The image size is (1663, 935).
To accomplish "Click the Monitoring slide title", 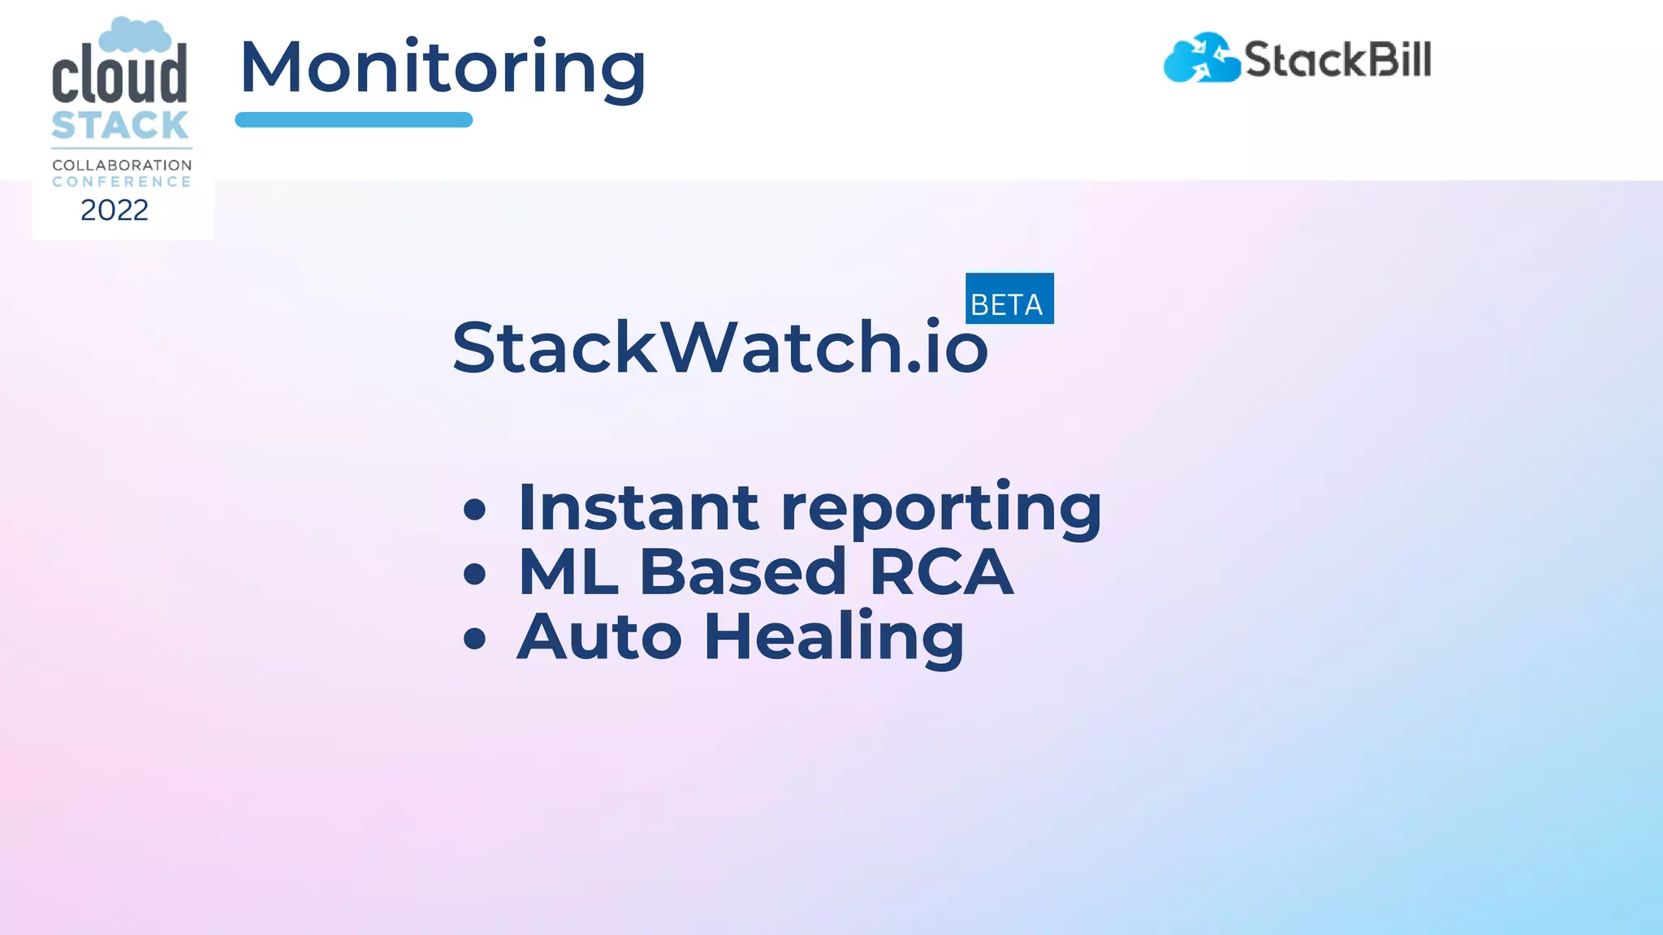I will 443,68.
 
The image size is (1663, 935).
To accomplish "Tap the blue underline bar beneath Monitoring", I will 353,120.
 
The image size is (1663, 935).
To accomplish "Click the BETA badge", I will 1009,299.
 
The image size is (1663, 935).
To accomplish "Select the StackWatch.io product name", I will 719,347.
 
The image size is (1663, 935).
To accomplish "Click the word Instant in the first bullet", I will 638,508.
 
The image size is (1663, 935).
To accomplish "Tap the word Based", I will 743,572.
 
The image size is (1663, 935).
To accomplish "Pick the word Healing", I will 834,639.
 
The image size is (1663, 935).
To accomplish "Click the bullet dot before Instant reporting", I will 474,511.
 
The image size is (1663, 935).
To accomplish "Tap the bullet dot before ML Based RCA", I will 474,575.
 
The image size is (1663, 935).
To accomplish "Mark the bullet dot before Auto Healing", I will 474,639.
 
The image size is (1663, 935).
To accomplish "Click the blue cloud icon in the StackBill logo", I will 1201,58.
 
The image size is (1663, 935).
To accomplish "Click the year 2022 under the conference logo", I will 114,210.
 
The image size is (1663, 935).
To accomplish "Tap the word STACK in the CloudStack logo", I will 120,126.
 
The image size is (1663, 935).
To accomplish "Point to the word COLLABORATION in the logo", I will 122,165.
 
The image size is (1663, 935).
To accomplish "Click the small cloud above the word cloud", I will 135,34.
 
